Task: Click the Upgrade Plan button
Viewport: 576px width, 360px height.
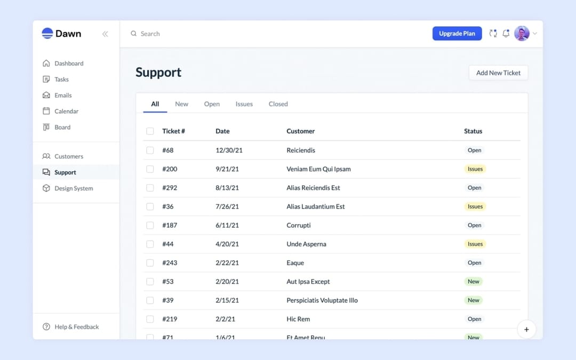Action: tap(457, 34)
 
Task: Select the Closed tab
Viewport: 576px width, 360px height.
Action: tap(278, 104)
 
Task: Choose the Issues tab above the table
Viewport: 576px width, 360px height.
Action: tap(244, 104)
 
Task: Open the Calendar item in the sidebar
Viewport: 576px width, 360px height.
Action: tap(66, 111)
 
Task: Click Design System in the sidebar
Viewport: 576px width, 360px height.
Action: tap(74, 188)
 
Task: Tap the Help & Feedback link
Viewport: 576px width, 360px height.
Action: tap(76, 327)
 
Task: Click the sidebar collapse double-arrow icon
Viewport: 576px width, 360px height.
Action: tap(105, 34)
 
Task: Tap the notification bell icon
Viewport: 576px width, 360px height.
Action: tap(506, 34)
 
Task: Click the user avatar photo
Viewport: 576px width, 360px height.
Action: tap(522, 34)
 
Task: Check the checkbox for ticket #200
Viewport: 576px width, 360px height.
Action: tap(150, 169)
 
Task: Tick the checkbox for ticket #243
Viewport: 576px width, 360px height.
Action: tap(150, 263)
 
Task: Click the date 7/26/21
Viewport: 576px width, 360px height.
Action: tap(227, 206)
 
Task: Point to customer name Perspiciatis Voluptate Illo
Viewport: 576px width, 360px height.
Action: tap(322, 300)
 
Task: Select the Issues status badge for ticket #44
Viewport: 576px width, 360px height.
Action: tap(475, 244)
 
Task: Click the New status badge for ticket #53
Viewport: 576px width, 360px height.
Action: tap(474, 282)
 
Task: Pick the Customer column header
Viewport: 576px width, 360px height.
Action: tap(301, 131)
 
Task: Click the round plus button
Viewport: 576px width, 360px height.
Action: tap(526, 330)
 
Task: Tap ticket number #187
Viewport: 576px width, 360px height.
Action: tap(170, 225)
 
